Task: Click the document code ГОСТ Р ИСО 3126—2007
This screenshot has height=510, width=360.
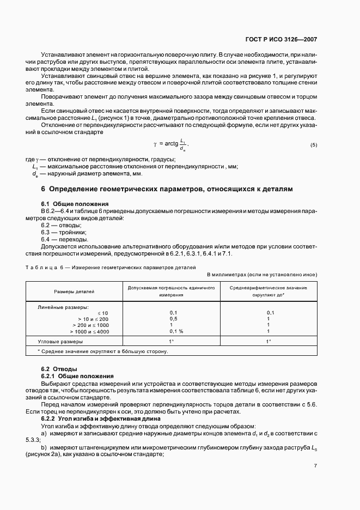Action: click(x=281, y=39)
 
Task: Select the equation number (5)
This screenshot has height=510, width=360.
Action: click(x=314, y=144)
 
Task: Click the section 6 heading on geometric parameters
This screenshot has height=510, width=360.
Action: click(x=167, y=189)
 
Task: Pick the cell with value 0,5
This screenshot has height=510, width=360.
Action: click(x=173, y=318)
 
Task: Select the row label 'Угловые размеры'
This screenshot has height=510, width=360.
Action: click(x=60, y=341)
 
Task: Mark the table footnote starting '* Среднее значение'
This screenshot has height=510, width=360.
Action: click(x=102, y=351)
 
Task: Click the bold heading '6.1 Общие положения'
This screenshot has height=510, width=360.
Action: click(x=75, y=203)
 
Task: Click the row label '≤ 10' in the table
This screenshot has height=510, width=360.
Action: click(x=103, y=312)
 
